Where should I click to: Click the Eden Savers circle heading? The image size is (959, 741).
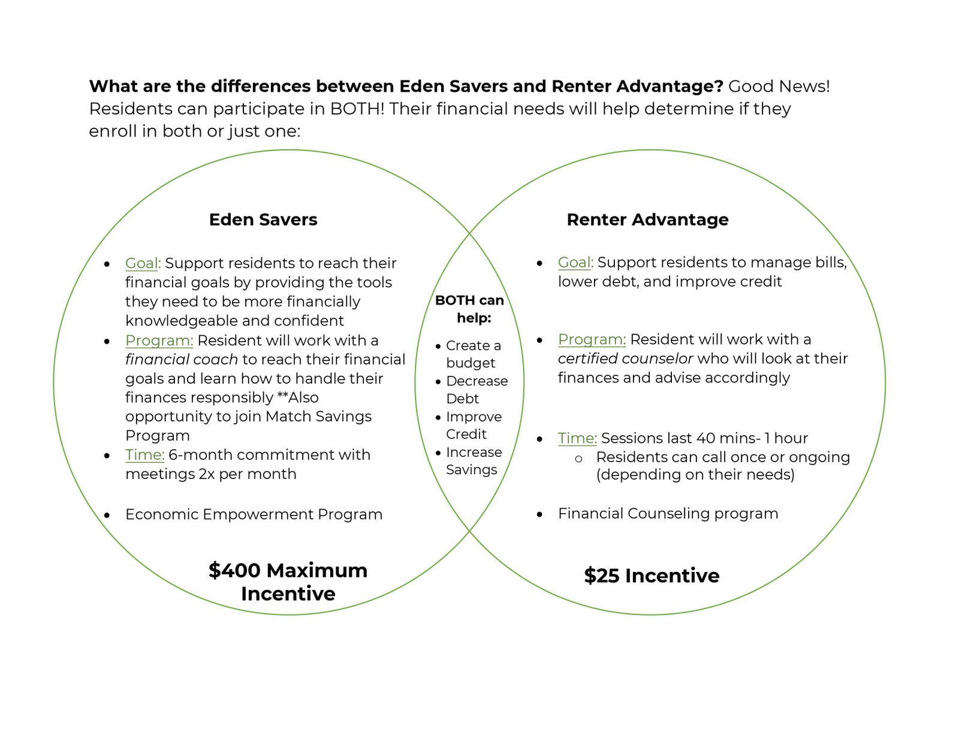(x=263, y=220)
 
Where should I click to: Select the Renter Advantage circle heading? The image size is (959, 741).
(x=647, y=220)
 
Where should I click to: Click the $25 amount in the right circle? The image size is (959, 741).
(x=602, y=576)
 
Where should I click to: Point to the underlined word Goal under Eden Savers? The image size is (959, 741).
(x=142, y=263)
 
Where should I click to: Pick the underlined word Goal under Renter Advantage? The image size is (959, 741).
(x=575, y=263)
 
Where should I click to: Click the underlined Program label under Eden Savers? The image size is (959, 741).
(x=159, y=341)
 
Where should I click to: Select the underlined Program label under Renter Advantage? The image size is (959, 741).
(x=592, y=339)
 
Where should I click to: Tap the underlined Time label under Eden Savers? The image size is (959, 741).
(x=144, y=454)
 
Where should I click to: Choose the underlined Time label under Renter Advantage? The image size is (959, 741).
(x=577, y=438)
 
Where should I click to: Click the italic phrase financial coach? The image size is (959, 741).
(x=182, y=359)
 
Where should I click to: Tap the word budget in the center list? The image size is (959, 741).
(x=471, y=363)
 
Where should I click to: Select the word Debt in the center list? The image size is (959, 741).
(x=462, y=399)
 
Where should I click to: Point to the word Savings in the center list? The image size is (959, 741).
(x=472, y=469)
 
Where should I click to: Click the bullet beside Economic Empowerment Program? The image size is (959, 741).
(x=107, y=515)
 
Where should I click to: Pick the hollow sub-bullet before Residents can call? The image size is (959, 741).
(x=578, y=459)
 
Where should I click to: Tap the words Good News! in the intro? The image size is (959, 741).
(x=779, y=86)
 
